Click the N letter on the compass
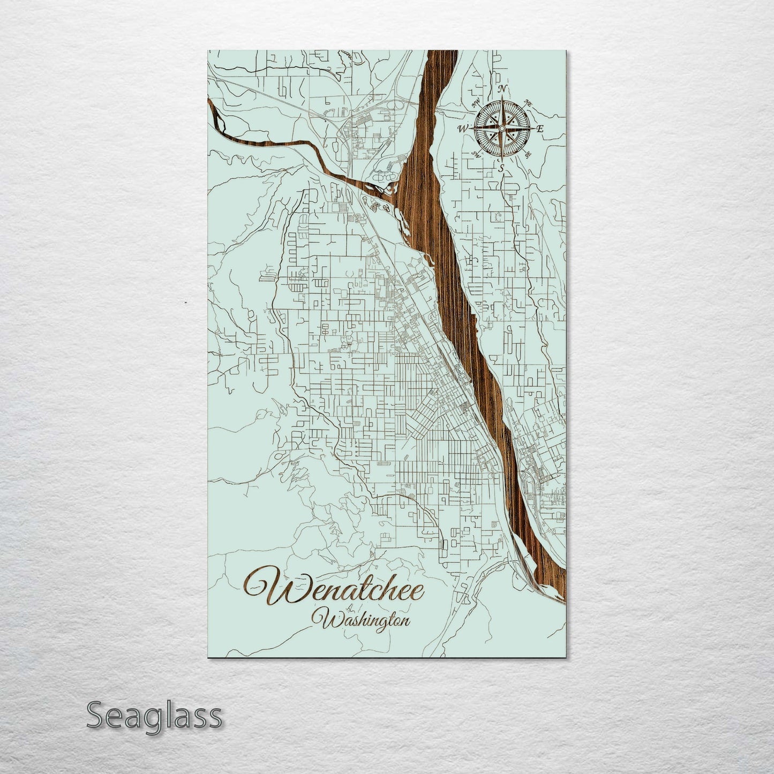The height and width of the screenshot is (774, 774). [502, 89]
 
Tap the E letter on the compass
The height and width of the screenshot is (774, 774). [540, 129]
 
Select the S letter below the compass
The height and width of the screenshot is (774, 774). [501, 168]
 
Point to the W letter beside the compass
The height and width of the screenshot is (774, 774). [462, 129]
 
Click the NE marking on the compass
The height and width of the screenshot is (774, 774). [528, 102]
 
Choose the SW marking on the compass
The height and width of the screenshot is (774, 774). [475, 155]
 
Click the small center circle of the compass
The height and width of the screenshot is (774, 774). [501, 129]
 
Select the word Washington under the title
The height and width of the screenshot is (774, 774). [366, 620]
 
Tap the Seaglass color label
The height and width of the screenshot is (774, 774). [154, 715]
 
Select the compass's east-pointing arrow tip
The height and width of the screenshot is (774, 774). [532, 129]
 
